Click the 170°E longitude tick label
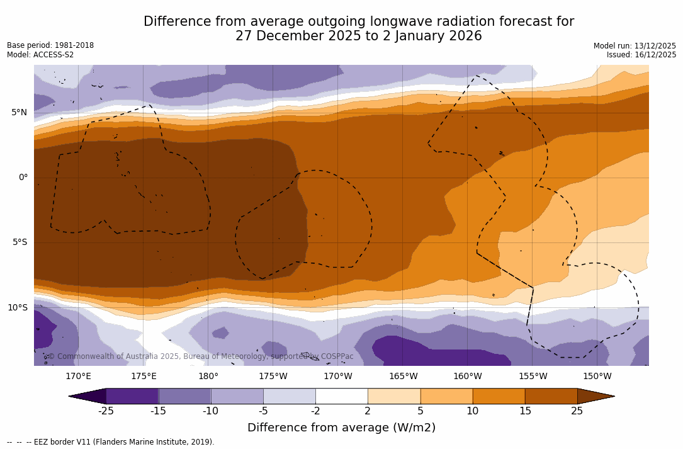pyautogui.click(x=78, y=377)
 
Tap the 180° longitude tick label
pyautogui.click(x=208, y=377)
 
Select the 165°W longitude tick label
pyautogui.click(x=403, y=377)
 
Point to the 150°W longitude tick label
pyautogui.click(x=597, y=377)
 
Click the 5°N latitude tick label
pyautogui.click(x=19, y=113)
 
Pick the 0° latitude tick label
pyautogui.click(x=23, y=178)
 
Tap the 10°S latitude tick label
pyautogui.click(x=17, y=308)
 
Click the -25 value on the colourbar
pyautogui.click(x=106, y=411)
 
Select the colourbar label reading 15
pyautogui.click(x=524, y=411)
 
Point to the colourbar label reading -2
pyautogui.click(x=315, y=411)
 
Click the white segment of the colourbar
pyautogui.click(x=341, y=396)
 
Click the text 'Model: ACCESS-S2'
pyautogui.click(x=40, y=55)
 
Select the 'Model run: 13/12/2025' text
pyautogui.click(x=635, y=46)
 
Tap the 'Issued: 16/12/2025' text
pyautogui.click(x=641, y=55)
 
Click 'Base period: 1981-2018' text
pyautogui.click(x=50, y=45)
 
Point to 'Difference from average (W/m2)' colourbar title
pyautogui.click(x=341, y=428)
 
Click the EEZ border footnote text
pyautogui.click(x=111, y=442)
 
